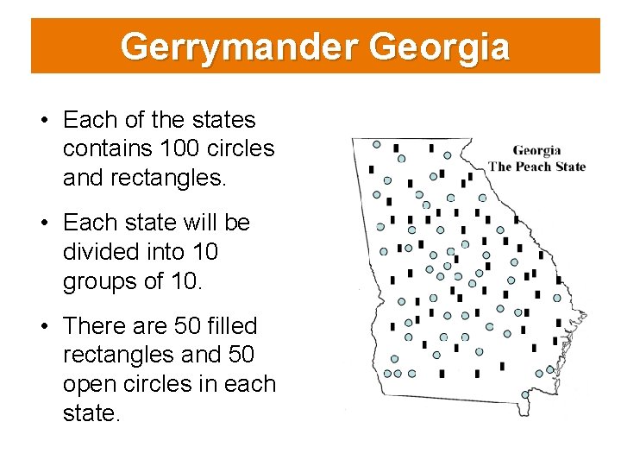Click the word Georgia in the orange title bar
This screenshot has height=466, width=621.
[439, 47]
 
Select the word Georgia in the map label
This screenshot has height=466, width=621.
[536, 151]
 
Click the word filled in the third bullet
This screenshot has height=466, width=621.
[227, 326]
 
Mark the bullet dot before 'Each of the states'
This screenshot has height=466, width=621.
[44, 120]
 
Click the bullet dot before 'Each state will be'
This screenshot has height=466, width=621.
[44, 224]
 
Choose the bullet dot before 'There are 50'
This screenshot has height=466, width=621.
[44, 327]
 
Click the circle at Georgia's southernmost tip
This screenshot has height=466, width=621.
[524, 394]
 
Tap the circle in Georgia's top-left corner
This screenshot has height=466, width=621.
[376, 144]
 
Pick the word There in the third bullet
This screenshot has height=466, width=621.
[97, 326]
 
